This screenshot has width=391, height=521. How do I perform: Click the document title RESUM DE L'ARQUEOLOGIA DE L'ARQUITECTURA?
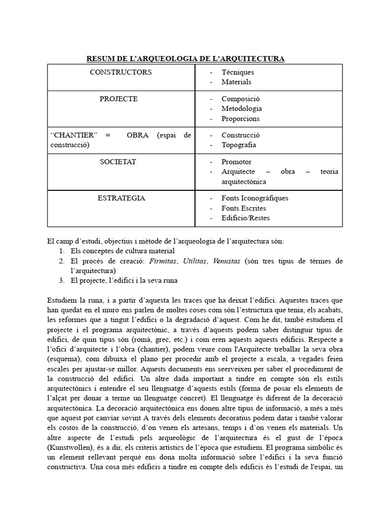185,59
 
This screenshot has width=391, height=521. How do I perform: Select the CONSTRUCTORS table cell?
121,72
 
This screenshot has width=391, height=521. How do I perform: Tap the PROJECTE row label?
119,99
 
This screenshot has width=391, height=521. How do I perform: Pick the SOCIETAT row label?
118,162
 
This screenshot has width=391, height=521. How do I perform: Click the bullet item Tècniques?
237,72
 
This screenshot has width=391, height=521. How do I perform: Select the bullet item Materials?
236,82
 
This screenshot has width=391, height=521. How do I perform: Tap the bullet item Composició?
240,99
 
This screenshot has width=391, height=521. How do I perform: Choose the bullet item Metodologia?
241,108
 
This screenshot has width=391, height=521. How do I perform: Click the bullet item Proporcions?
240,119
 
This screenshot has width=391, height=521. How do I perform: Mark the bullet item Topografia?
239,145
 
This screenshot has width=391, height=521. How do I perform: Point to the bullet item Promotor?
236,162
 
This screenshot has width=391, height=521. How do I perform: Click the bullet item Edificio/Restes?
245,218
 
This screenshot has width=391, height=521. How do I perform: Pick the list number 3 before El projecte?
61,280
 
